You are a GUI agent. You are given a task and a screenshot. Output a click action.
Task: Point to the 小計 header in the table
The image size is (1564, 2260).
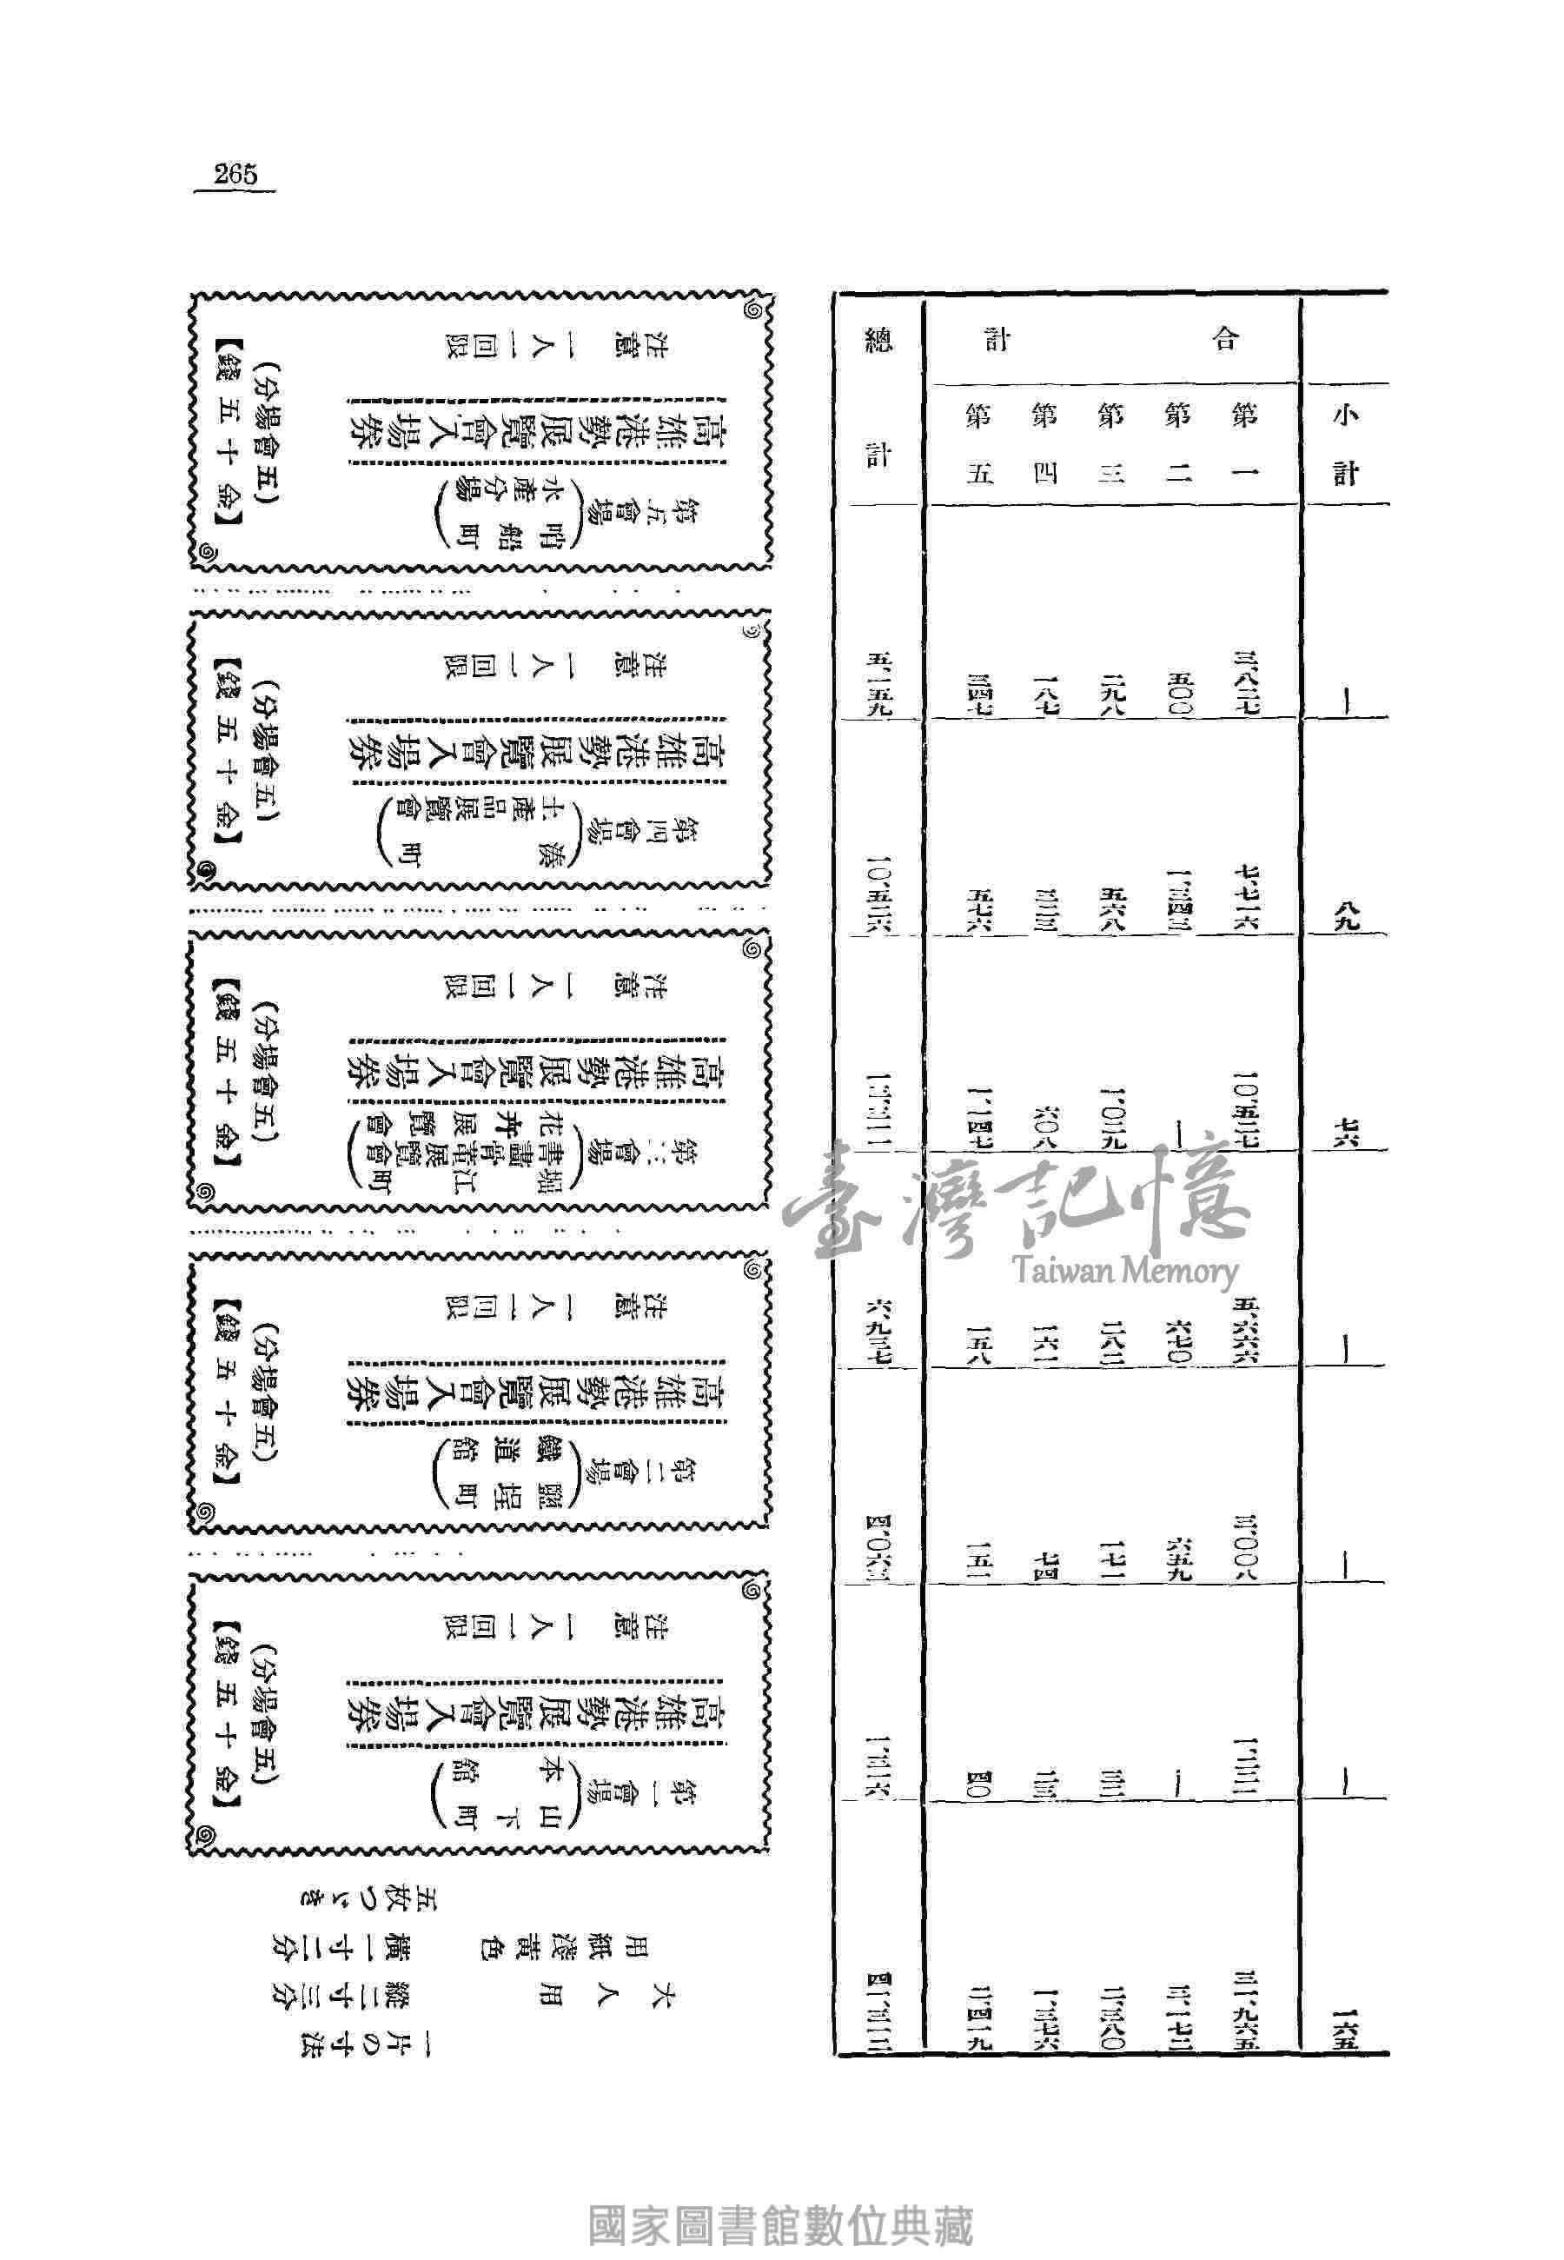click(x=1345, y=446)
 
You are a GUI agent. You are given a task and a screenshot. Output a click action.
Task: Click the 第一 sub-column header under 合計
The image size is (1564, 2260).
click(x=1243, y=446)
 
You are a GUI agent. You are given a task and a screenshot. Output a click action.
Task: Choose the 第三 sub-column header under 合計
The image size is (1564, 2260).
click(x=1110, y=446)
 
